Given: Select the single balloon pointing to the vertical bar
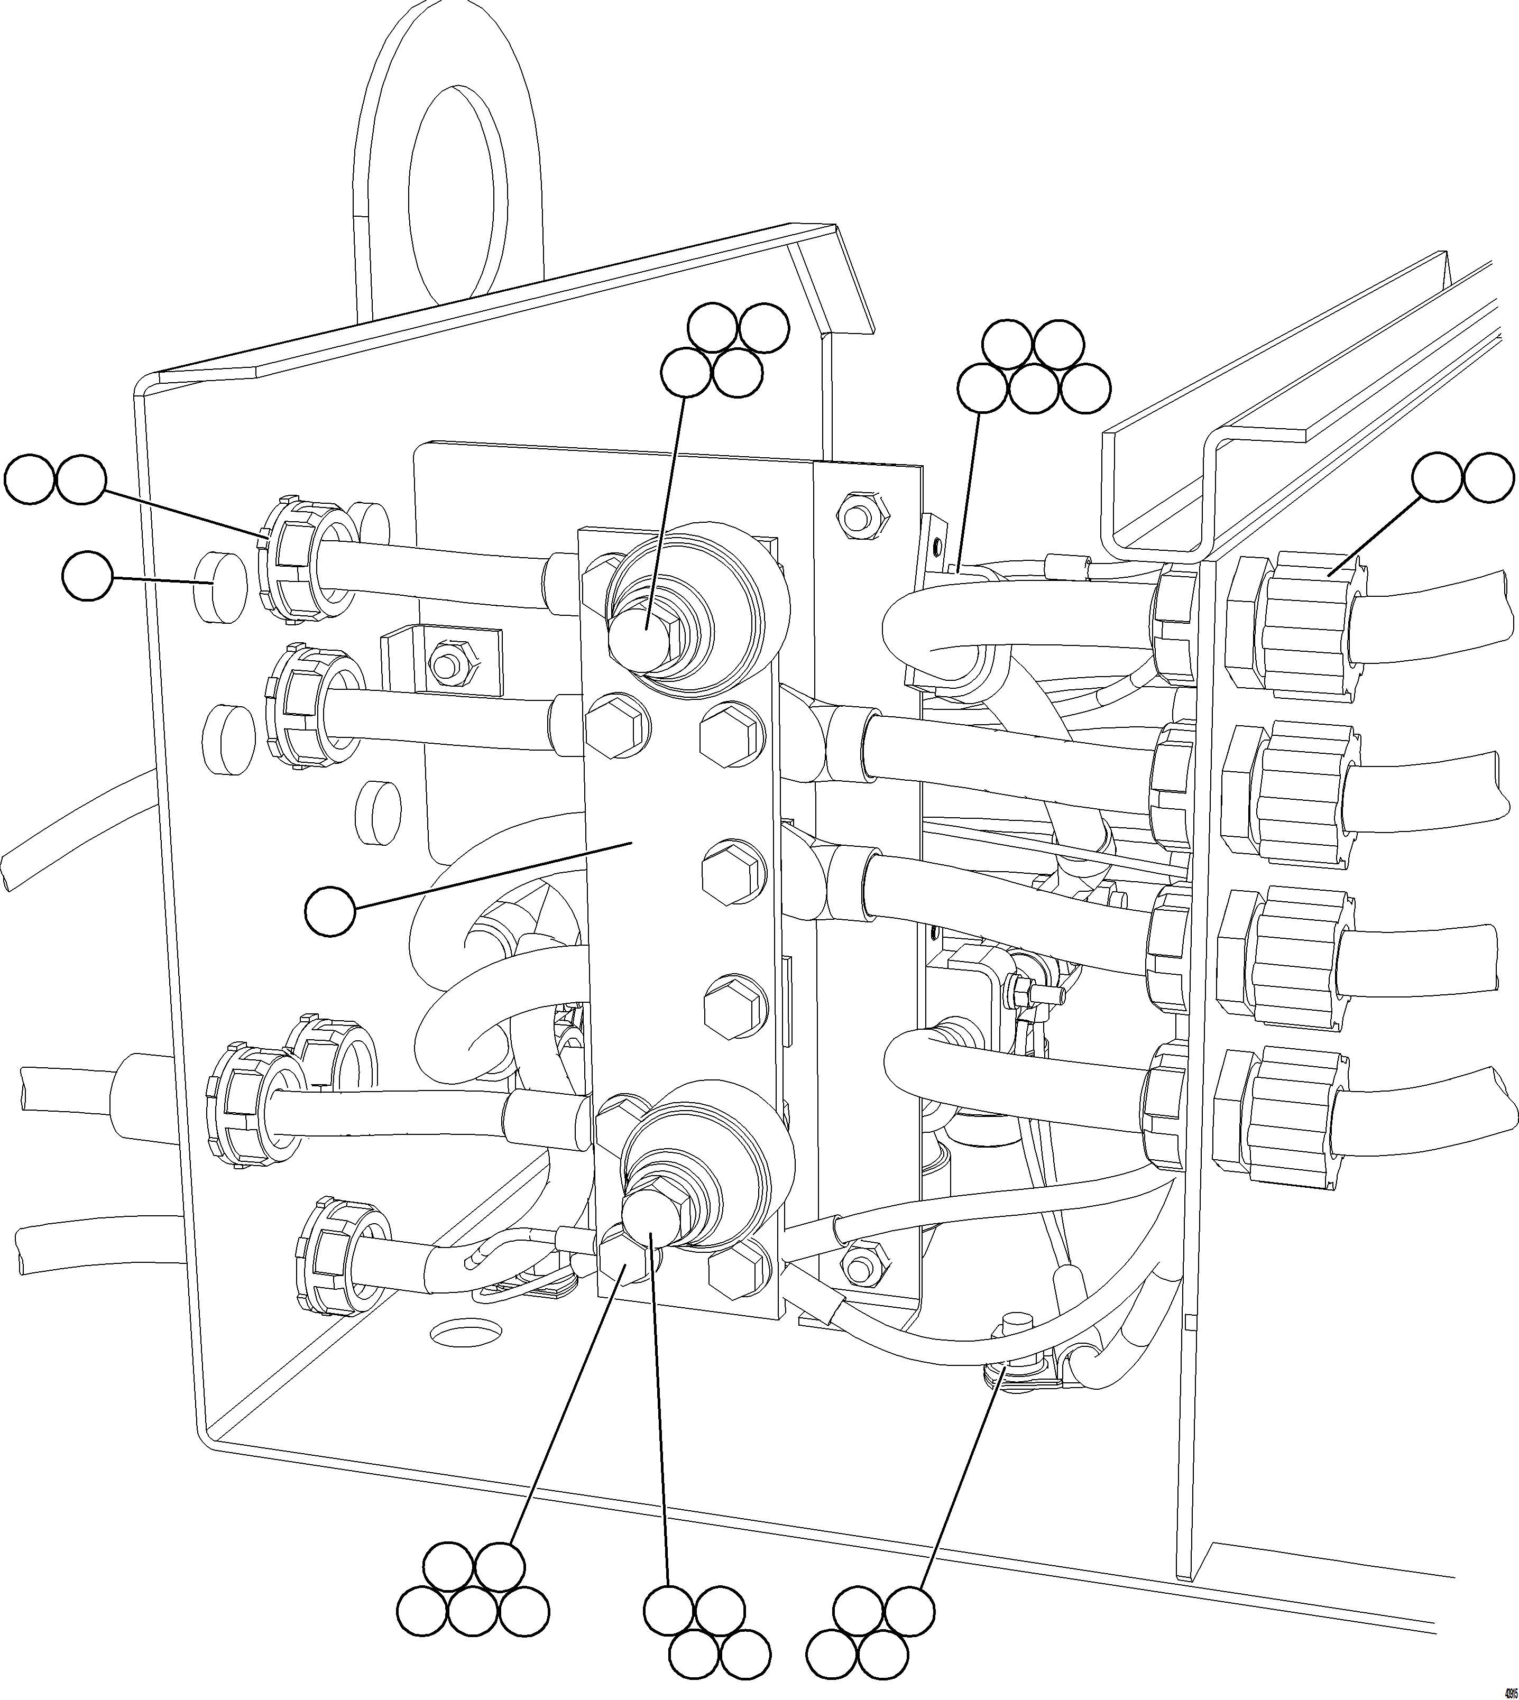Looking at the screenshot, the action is (x=330, y=912).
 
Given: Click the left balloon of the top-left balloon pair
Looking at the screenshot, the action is (x=29, y=479).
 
